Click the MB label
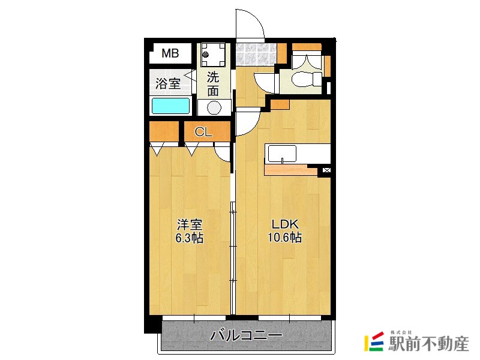170,53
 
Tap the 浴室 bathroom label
168,83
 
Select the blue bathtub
170,106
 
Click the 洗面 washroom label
213,84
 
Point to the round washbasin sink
214,108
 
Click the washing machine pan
213,55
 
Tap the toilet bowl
307,80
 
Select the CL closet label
203,132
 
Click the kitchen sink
282,154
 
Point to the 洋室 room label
190,225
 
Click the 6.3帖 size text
189,238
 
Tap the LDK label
285,224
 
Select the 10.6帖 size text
284,237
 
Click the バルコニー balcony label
246,335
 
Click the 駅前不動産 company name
428,344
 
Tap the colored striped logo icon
374,341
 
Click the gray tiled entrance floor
256,54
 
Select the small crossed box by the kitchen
326,170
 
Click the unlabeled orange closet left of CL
164,131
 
